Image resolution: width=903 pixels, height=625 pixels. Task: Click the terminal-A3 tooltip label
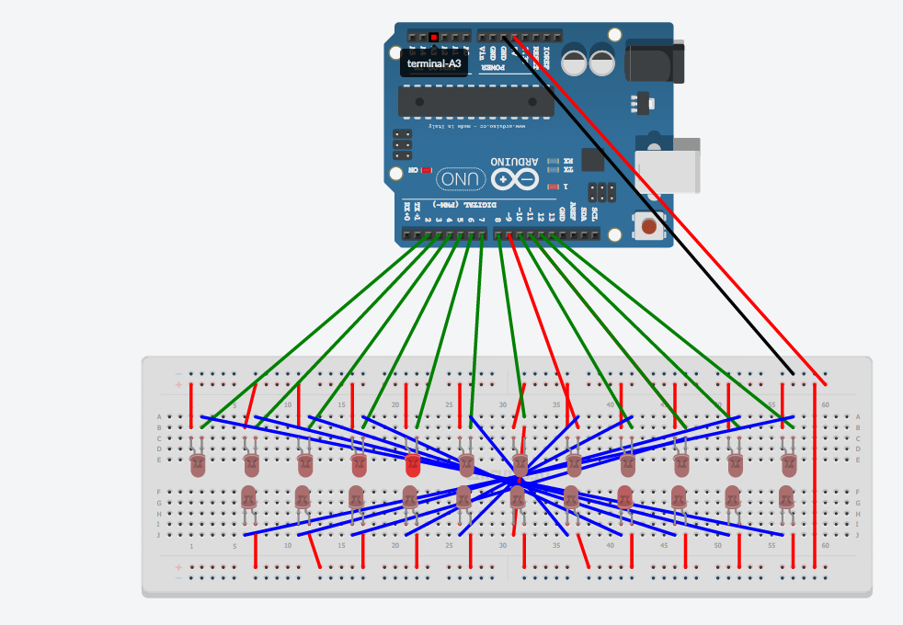coord(434,62)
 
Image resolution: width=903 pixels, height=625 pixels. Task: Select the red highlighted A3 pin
coord(434,37)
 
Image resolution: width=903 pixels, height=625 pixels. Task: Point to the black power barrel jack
coord(654,62)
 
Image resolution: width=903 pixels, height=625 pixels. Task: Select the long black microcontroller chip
coord(476,101)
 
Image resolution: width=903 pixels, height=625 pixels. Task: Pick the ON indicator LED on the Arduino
coord(427,170)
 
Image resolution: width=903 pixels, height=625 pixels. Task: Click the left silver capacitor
coord(575,62)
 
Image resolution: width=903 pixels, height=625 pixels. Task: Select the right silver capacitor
coord(602,62)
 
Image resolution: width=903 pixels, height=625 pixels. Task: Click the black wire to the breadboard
coord(644,202)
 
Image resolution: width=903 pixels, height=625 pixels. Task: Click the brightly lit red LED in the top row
coord(412,465)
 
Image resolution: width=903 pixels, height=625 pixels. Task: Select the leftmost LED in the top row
coord(197,465)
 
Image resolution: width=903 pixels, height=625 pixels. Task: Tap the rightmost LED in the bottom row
coord(786,497)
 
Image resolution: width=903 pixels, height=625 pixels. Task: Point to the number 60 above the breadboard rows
coord(825,404)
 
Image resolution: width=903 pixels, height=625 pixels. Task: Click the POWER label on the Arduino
coord(495,68)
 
